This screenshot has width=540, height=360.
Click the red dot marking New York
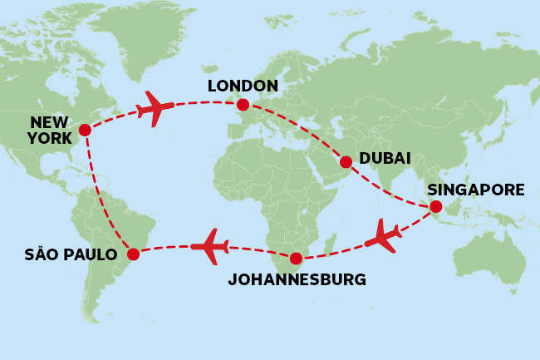(x=84, y=130)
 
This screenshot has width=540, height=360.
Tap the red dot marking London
(x=242, y=105)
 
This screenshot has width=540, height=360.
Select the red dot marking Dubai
(x=346, y=161)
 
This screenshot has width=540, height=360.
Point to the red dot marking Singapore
(x=435, y=207)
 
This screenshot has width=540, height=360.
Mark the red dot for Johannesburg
(x=295, y=258)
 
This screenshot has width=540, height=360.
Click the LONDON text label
(x=242, y=86)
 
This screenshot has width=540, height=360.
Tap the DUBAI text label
(x=385, y=158)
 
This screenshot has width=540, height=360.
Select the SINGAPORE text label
(x=476, y=190)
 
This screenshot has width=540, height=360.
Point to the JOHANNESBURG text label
(x=297, y=279)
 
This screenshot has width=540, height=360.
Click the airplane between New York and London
(x=155, y=108)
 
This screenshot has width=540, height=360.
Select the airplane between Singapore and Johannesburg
(x=383, y=235)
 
